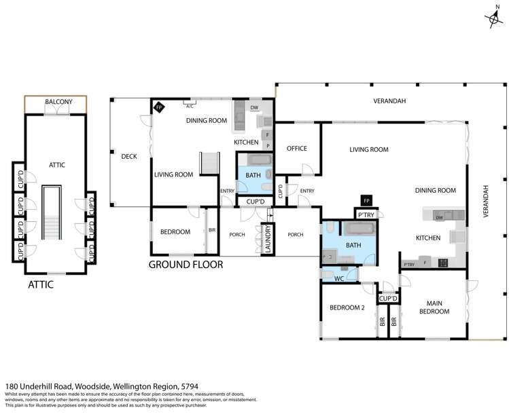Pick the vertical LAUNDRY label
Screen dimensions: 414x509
coord(268,240)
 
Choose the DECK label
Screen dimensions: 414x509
coord(129,156)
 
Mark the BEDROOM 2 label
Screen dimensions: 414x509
coord(348,307)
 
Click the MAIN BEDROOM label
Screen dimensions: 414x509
coord(435,307)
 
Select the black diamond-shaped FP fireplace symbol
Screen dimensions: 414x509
coord(159,107)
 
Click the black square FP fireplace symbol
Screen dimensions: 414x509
coord(366,201)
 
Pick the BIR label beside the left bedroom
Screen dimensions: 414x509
coord(212,231)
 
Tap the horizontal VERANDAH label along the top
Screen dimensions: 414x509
coord(389,101)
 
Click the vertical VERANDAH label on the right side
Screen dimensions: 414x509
coord(486,201)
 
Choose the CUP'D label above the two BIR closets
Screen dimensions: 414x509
coord(388,299)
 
